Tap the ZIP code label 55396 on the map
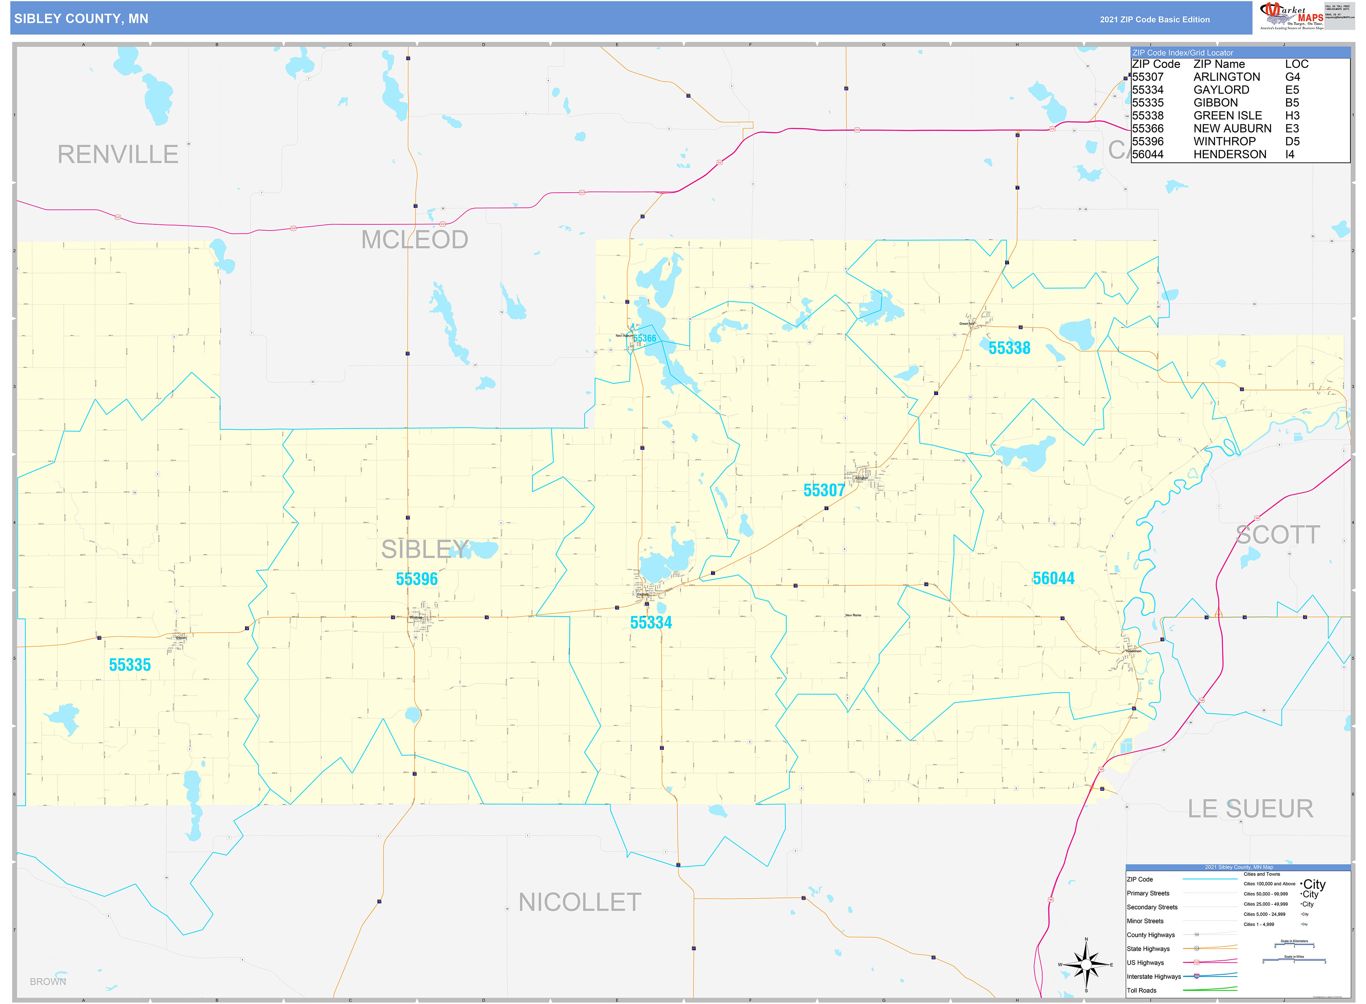click(416, 579)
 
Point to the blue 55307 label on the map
click(824, 490)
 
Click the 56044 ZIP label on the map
click(1053, 578)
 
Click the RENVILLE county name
click(118, 154)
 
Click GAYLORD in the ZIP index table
click(1221, 90)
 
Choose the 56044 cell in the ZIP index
click(1148, 154)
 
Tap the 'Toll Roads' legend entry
click(1141, 990)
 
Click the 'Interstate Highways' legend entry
click(1153, 976)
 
